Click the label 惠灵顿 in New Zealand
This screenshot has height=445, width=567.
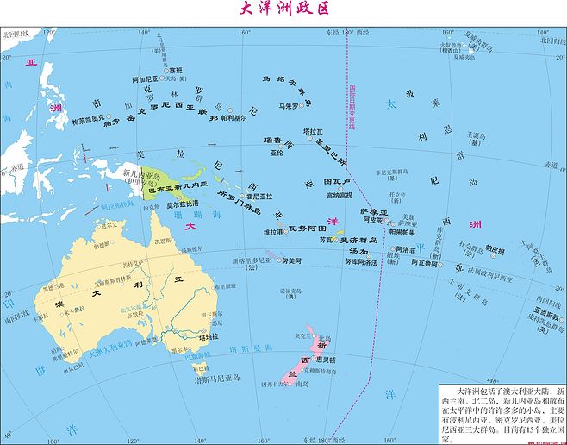coord(324,359)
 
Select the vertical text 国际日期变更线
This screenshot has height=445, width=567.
coord(352,107)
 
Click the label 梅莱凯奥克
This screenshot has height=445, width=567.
coord(87,117)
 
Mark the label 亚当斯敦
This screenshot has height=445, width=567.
coord(545,313)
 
